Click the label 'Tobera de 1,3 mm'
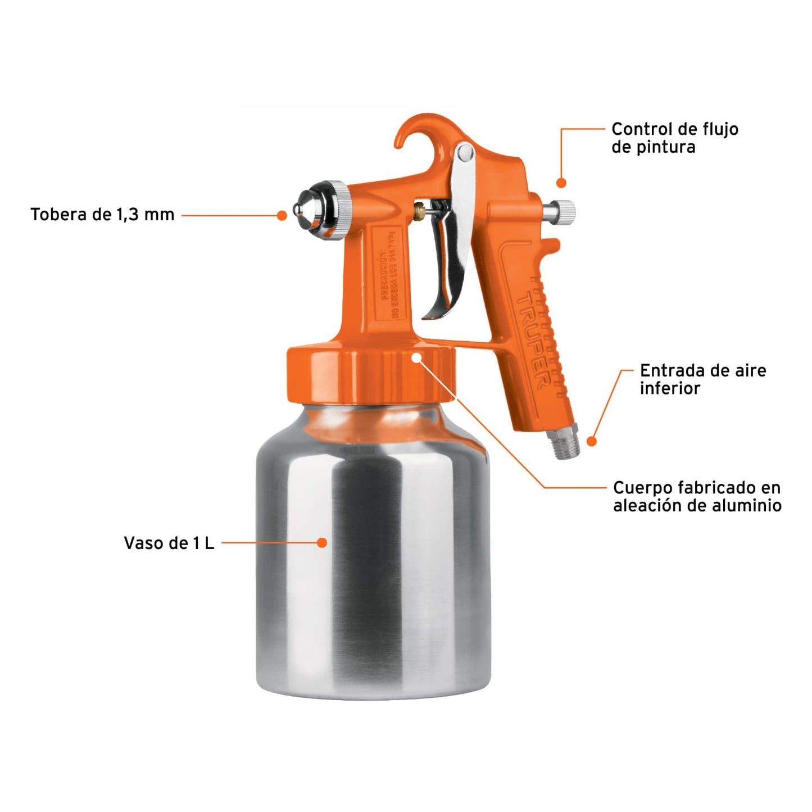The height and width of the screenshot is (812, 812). [x=102, y=215]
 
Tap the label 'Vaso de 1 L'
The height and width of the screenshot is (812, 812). [x=169, y=543]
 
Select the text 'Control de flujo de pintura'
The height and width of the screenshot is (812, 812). [x=674, y=138]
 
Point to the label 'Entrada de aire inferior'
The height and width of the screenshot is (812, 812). [x=702, y=379]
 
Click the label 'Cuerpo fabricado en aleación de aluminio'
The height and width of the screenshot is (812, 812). [x=697, y=497]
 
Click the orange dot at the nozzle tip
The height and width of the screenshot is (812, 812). [x=282, y=215]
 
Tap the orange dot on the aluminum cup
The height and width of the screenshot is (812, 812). [x=322, y=543]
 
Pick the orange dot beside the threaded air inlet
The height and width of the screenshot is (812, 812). [x=591, y=442]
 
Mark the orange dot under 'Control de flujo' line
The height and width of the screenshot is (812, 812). [x=561, y=183]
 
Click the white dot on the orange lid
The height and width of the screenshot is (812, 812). [x=416, y=357]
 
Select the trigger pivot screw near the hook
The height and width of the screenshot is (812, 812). [x=465, y=152]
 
